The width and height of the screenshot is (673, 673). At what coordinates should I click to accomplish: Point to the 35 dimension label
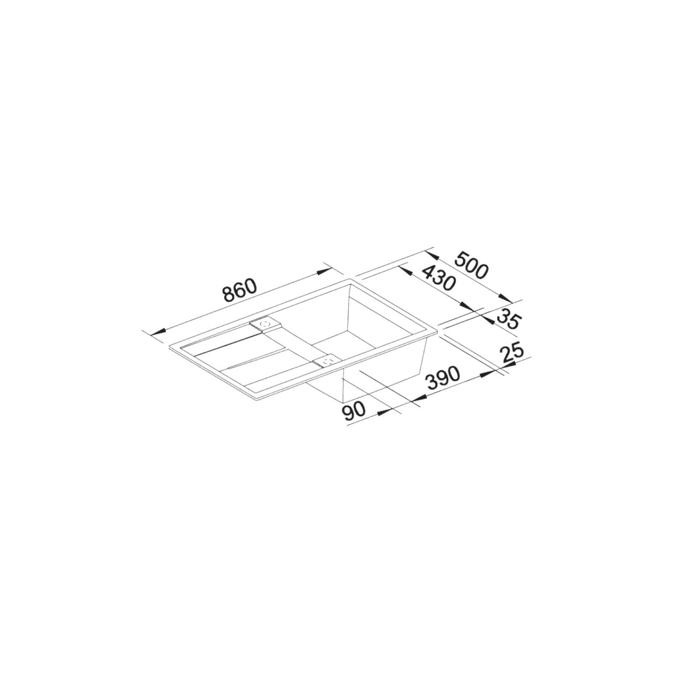(507, 318)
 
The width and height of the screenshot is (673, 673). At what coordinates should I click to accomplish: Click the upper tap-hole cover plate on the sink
(266, 324)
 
